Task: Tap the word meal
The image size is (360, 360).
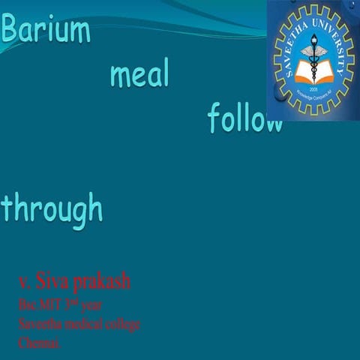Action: pyautogui.click(x=139, y=74)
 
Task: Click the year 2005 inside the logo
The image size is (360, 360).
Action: pyautogui.click(x=313, y=87)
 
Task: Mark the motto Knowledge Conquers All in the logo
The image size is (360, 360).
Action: pyautogui.click(x=313, y=97)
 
